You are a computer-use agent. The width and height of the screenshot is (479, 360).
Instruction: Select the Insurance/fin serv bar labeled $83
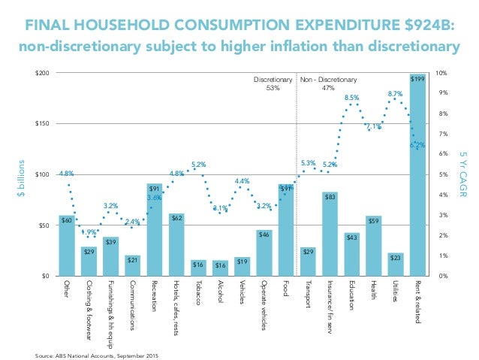[330, 234]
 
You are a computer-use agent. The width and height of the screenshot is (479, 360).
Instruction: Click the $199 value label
[417, 77]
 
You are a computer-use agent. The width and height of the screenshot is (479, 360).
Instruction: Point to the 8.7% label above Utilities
[395, 94]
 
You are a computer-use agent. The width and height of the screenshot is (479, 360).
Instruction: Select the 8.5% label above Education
[351, 98]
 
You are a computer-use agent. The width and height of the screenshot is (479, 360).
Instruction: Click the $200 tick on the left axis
[43, 73]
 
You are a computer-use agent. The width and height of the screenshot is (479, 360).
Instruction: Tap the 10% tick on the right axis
[442, 73]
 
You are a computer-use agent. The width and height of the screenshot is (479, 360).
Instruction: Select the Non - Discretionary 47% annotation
[328, 83]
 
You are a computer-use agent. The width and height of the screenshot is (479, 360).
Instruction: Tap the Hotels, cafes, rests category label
[176, 304]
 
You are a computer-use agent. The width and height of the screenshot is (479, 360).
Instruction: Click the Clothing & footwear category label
[89, 307]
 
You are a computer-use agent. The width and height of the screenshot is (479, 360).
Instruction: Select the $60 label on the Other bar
[67, 220]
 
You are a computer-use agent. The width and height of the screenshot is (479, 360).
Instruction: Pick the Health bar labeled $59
[373, 246]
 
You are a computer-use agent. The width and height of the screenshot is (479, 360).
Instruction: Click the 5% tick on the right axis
[442, 174]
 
